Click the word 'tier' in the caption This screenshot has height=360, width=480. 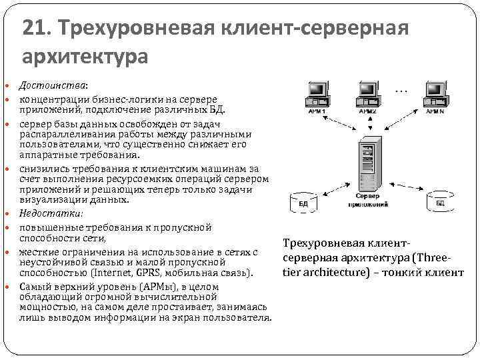[294, 272]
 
